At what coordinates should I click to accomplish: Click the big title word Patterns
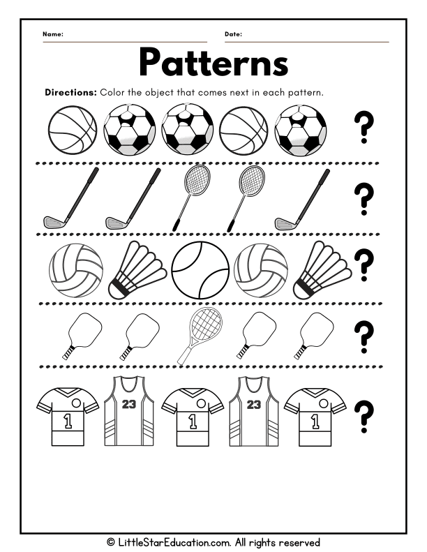pyautogui.click(x=213, y=63)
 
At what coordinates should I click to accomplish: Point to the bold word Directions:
pyautogui.click(x=70, y=93)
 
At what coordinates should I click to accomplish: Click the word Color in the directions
pyautogui.click(x=113, y=93)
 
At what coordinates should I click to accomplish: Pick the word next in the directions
pyautogui.click(x=246, y=93)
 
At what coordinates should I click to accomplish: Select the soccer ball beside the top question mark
pyautogui.click(x=303, y=130)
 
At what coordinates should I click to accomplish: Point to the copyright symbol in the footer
pyautogui.click(x=110, y=542)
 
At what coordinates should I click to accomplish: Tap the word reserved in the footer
pyautogui.click(x=299, y=542)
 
